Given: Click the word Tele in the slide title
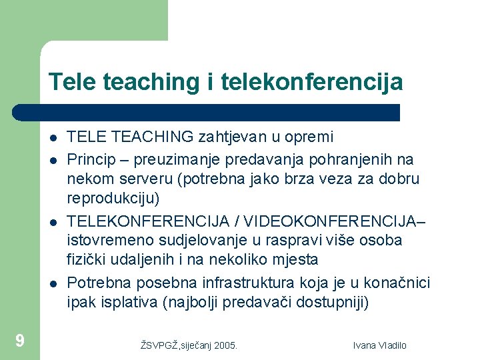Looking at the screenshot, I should (71, 83).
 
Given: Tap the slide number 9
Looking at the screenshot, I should (20, 341).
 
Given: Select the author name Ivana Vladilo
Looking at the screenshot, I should (380, 345).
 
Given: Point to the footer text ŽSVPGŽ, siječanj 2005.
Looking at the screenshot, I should (189, 345).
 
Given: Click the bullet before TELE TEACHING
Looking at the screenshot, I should (52, 139).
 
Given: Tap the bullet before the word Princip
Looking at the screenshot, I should (52, 160).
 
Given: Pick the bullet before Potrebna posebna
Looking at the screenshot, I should (52, 283).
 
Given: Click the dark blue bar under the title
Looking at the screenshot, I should (207, 112).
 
